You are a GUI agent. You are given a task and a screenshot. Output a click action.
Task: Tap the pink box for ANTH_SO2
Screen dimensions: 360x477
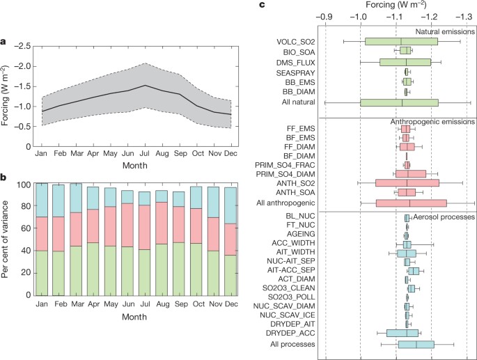tap(407, 182)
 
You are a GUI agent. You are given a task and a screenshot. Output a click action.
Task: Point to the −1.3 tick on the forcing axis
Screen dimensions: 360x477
tap(468, 16)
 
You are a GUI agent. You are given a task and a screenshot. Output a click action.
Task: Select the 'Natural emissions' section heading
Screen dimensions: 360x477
tap(445, 32)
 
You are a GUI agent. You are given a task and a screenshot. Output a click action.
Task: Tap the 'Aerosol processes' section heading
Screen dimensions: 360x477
tap(444, 217)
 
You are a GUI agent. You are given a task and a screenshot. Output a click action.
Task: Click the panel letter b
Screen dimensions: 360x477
tap(4, 177)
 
